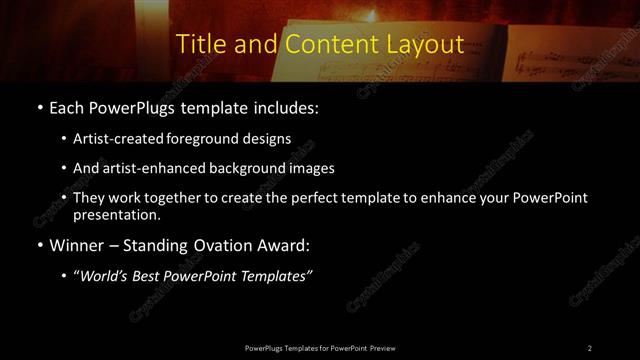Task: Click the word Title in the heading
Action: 198,45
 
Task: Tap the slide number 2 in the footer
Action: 589,347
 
